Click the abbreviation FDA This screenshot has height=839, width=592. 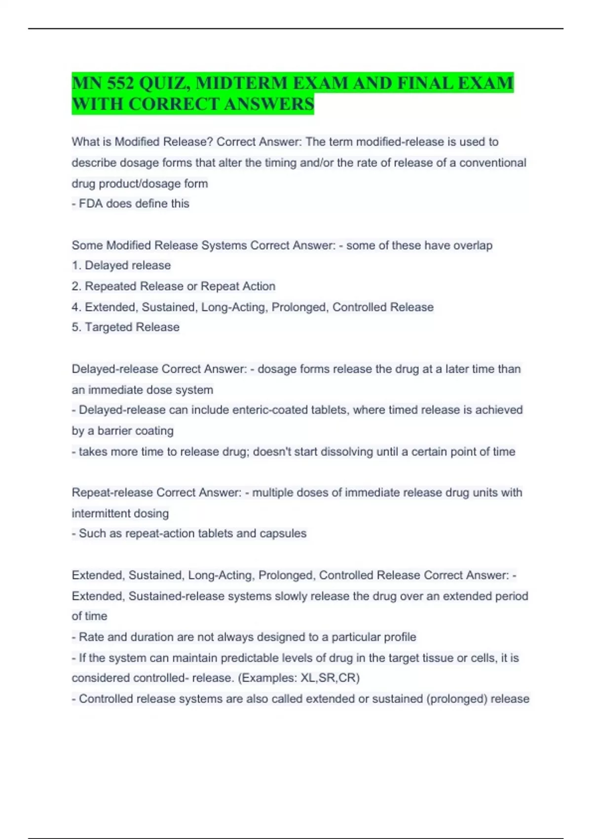tap(91, 204)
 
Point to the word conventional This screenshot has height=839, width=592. tap(492, 163)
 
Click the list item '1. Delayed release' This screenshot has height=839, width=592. tap(121, 266)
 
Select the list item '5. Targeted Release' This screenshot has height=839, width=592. tap(125, 327)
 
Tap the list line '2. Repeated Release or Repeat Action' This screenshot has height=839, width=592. tap(173, 286)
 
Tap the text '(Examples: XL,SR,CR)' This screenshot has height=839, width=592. tap(299, 678)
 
